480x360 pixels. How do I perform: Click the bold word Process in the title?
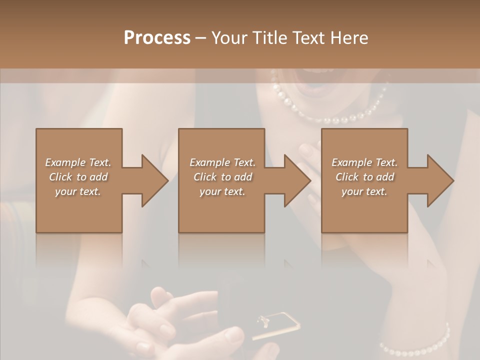coord(157,38)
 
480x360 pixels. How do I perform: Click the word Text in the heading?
coord(308,38)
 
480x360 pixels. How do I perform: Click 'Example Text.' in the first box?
coord(78,162)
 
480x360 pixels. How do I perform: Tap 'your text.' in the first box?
coord(78,191)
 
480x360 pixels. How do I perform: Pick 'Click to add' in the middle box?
coord(222,177)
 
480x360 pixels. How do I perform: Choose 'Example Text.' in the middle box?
coord(222,162)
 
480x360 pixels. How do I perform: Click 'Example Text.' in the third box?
coord(364,162)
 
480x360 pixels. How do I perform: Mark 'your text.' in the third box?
coord(364,191)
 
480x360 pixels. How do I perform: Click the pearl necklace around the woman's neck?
coord(330,118)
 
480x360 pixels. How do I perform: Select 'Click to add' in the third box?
coord(364,177)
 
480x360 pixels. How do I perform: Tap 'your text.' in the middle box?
coord(222,191)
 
